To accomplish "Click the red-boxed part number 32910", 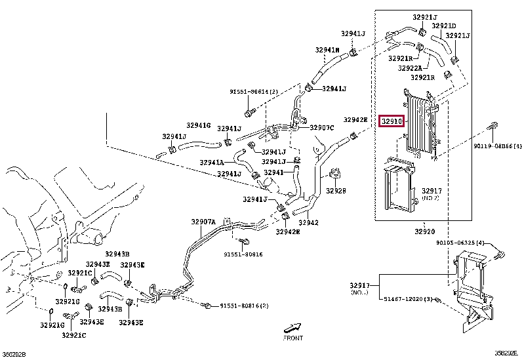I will (392, 121).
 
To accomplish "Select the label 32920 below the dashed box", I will (424, 231).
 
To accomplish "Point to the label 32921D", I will (462, 26).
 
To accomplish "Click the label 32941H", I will (326, 50).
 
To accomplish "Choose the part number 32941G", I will (198, 125).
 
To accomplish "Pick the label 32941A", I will (212, 161).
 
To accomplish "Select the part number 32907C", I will (322, 127).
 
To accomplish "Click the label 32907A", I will (203, 222).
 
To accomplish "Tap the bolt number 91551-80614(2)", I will (254, 91).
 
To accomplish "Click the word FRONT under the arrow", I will (292, 338).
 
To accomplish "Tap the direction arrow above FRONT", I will (292, 327).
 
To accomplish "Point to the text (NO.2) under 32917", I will (430, 198).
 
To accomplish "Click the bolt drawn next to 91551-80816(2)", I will (207, 306).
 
